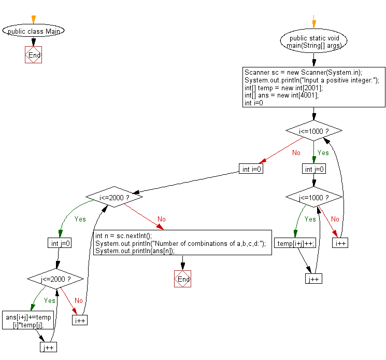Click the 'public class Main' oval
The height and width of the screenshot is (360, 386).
(x=34, y=31)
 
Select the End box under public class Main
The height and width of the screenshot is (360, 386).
(x=34, y=55)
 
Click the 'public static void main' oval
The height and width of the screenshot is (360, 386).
(x=313, y=41)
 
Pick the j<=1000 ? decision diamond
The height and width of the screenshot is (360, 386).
(x=314, y=198)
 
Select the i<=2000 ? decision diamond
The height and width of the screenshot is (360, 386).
(x=113, y=198)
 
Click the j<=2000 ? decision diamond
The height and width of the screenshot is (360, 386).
(x=55, y=280)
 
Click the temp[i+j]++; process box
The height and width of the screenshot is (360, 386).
(x=296, y=243)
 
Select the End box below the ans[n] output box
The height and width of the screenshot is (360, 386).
(x=183, y=279)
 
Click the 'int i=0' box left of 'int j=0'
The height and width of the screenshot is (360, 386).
(x=251, y=169)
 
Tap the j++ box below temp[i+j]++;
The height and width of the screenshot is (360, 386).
(x=313, y=279)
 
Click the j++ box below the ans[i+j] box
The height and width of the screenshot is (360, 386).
(x=48, y=347)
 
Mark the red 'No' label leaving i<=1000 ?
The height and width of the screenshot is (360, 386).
(x=296, y=153)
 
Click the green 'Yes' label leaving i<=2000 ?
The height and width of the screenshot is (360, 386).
(x=80, y=219)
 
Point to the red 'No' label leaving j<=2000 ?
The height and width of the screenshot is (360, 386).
(x=79, y=300)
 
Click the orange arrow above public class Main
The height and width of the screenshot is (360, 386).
(x=34, y=19)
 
